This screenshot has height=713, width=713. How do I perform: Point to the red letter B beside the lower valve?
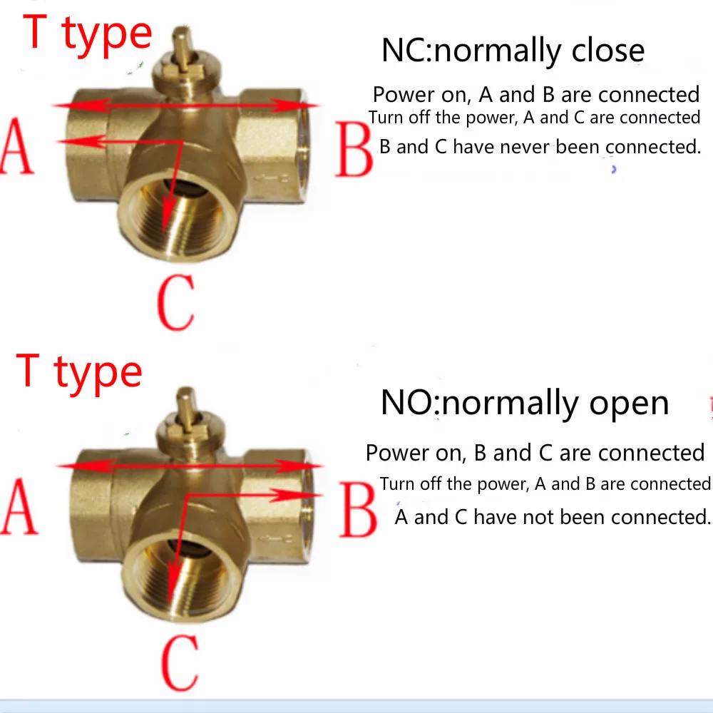(x=357, y=509)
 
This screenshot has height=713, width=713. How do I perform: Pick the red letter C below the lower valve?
(x=176, y=662)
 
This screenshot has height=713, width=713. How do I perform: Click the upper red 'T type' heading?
(x=88, y=33)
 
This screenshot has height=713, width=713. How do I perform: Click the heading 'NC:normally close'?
(x=513, y=51)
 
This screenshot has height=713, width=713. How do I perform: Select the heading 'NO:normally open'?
(x=525, y=403)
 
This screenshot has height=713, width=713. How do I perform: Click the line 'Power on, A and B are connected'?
(x=536, y=94)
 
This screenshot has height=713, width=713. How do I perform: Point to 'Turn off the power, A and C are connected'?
(x=535, y=118)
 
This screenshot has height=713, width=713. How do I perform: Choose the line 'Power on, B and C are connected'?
(x=535, y=453)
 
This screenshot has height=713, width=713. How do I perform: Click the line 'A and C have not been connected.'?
(x=553, y=516)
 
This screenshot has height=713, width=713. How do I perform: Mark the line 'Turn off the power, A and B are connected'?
(x=545, y=484)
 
